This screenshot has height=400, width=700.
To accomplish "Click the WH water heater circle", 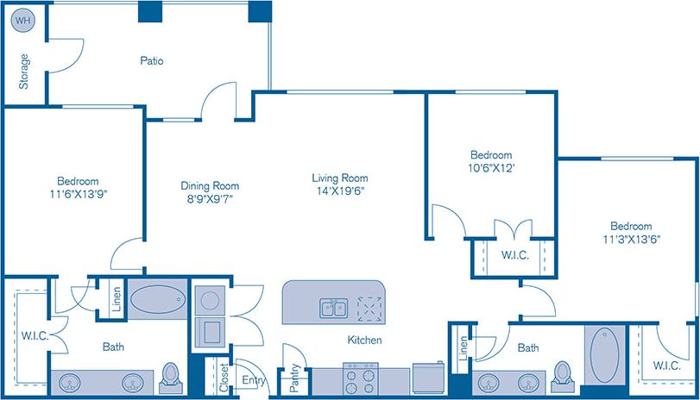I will (23, 20).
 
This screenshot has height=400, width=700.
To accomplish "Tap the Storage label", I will (24, 72).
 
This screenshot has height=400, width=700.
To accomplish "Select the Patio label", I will (152, 61).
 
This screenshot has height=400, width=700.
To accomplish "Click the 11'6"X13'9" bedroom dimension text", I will (78, 194).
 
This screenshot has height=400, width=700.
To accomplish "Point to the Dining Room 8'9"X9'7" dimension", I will (209, 198).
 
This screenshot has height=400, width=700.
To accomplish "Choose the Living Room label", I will (340, 178).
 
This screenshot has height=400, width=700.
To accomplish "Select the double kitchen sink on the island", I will (332, 308).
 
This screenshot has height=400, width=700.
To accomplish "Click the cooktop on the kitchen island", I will (369, 308).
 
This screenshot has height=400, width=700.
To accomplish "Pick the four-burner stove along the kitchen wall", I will (359, 377).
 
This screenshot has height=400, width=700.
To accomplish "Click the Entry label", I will (254, 379).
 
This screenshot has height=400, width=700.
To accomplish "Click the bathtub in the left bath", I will (157, 300).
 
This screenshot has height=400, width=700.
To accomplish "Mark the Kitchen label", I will (364, 341).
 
